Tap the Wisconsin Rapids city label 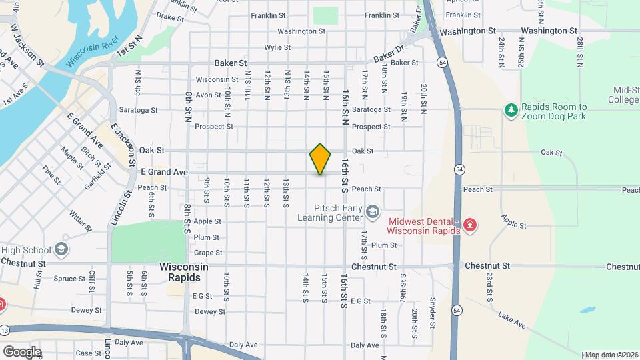(x=184, y=272)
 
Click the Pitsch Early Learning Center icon (x=373, y=212)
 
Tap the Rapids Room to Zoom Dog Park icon (x=511, y=109)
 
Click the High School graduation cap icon (x=61, y=250)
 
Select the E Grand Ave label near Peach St (x=163, y=172)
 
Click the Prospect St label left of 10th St (x=213, y=126)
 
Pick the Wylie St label (x=277, y=47)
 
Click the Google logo (x=22, y=351)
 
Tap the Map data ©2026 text (x=611, y=354)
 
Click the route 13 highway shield (x=6, y=330)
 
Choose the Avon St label (x=208, y=95)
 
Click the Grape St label (x=207, y=253)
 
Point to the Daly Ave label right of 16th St (x=365, y=345)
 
